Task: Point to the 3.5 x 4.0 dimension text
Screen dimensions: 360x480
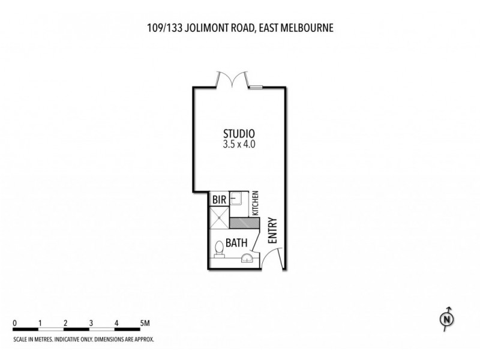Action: pyautogui.click(x=240, y=144)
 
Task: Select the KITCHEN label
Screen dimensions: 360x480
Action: pyautogui.click(x=255, y=205)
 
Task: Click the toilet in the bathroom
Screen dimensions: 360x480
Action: pyautogui.click(x=219, y=247)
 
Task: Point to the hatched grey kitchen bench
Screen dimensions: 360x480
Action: pyautogui.click(x=242, y=222)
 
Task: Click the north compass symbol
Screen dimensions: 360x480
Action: pyautogui.click(x=446, y=320)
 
